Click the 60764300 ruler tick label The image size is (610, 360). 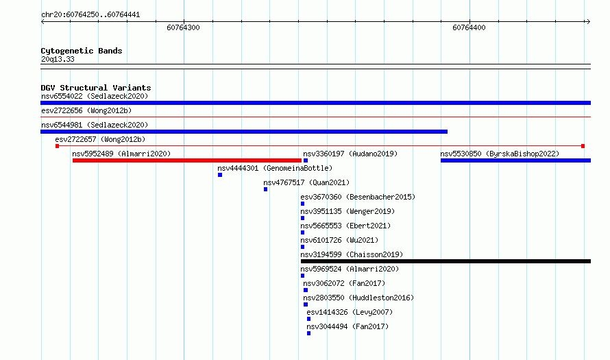pyautogui.click(x=183, y=27)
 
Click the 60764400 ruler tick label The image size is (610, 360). pyautogui.click(x=469, y=27)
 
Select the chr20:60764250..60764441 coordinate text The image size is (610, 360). pyautogui.click(x=90, y=15)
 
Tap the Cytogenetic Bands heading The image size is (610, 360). pyautogui.click(x=82, y=51)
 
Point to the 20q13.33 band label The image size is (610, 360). pyautogui.click(x=58, y=59)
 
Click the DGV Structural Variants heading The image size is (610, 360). pyautogui.click(x=96, y=88)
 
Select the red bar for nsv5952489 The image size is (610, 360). pyautogui.click(x=187, y=160)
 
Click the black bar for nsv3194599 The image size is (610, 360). pyautogui.click(x=446, y=261)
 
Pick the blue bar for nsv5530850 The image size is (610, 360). pyautogui.click(x=516, y=160)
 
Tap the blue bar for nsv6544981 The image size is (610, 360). pyautogui.click(x=244, y=132)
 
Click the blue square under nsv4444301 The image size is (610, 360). pyautogui.click(x=220, y=175)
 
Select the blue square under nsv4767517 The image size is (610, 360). pyautogui.click(x=266, y=189)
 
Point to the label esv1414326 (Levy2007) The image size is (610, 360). pyautogui.click(x=350, y=312)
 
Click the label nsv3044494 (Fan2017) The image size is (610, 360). pyautogui.click(x=347, y=326)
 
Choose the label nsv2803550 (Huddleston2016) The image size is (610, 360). pyautogui.click(x=358, y=298)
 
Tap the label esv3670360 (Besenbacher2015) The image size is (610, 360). pyautogui.click(x=358, y=197)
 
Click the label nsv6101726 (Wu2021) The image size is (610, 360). pyautogui.click(x=339, y=240)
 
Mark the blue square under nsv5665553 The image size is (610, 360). pyautogui.click(x=303, y=232)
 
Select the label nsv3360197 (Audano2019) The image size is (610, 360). pyautogui.click(x=350, y=154)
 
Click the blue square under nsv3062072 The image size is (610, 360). pyautogui.click(x=306, y=290)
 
